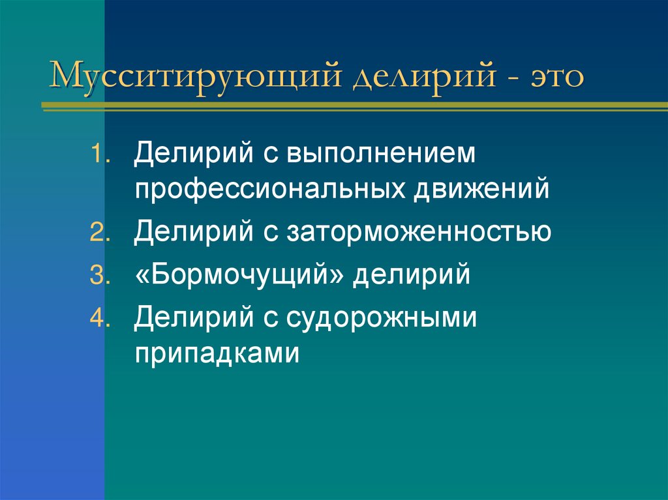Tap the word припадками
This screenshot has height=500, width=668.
click(217, 353)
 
